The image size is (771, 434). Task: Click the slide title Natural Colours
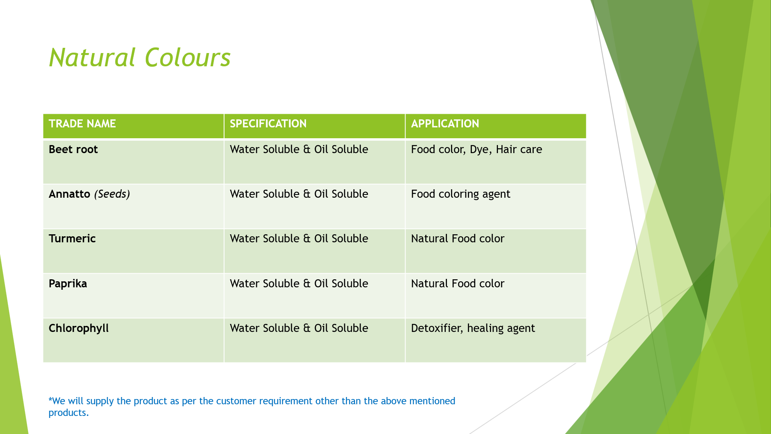pyautogui.click(x=140, y=57)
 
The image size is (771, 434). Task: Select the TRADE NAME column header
pyautogui.click(x=82, y=124)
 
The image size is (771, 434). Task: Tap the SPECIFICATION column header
pyautogui.click(x=268, y=124)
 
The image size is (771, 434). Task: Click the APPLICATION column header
pyautogui.click(x=445, y=124)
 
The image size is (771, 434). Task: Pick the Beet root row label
pyautogui.click(x=73, y=149)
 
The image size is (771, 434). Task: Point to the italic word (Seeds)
pyautogui.click(x=112, y=194)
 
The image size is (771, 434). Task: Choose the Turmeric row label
pyautogui.click(x=72, y=239)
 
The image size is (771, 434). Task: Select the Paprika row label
pyautogui.click(x=68, y=284)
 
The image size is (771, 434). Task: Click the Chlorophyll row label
pyautogui.click(x=79, y=328)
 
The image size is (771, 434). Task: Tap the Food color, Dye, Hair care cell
pyautogui.click(x=476, y=150)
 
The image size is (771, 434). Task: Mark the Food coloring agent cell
pyautogui.click(x=461, y=194)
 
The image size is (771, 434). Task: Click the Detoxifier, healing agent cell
pyautogui.click(x=473, y=329)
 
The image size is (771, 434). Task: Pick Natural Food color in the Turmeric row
pyautogui.click(x=457, y=239)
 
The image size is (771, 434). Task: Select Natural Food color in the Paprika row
pyautogui.click(x=457, y=284)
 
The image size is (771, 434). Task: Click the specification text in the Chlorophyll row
pyautogui.click(x=299, y=328)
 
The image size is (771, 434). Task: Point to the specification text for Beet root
pyautogui.click(x=299, y=149)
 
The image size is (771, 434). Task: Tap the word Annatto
pyautogui.click(x=69, y=194)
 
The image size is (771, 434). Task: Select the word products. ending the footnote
pyautogui.click(x=69, y=413)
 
